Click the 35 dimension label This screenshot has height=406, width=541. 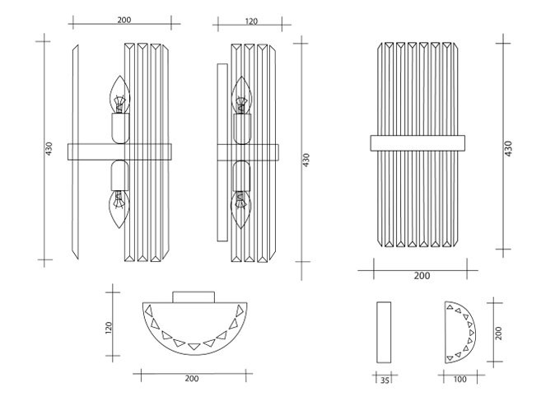coord(385,380)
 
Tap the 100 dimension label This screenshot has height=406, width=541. coord(459,380)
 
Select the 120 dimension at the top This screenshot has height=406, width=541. coord(251,21)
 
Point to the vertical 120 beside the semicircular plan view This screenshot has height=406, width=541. coord(109,328)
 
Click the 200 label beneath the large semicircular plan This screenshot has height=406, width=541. coord(192,378)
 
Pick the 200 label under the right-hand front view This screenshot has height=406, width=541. coord(422,276)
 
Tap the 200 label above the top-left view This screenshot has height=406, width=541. coord(124,20)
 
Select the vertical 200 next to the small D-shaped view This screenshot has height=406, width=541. coord(498,333)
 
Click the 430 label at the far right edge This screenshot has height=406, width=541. coord(508,149)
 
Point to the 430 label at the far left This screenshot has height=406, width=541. coord(49,149)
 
